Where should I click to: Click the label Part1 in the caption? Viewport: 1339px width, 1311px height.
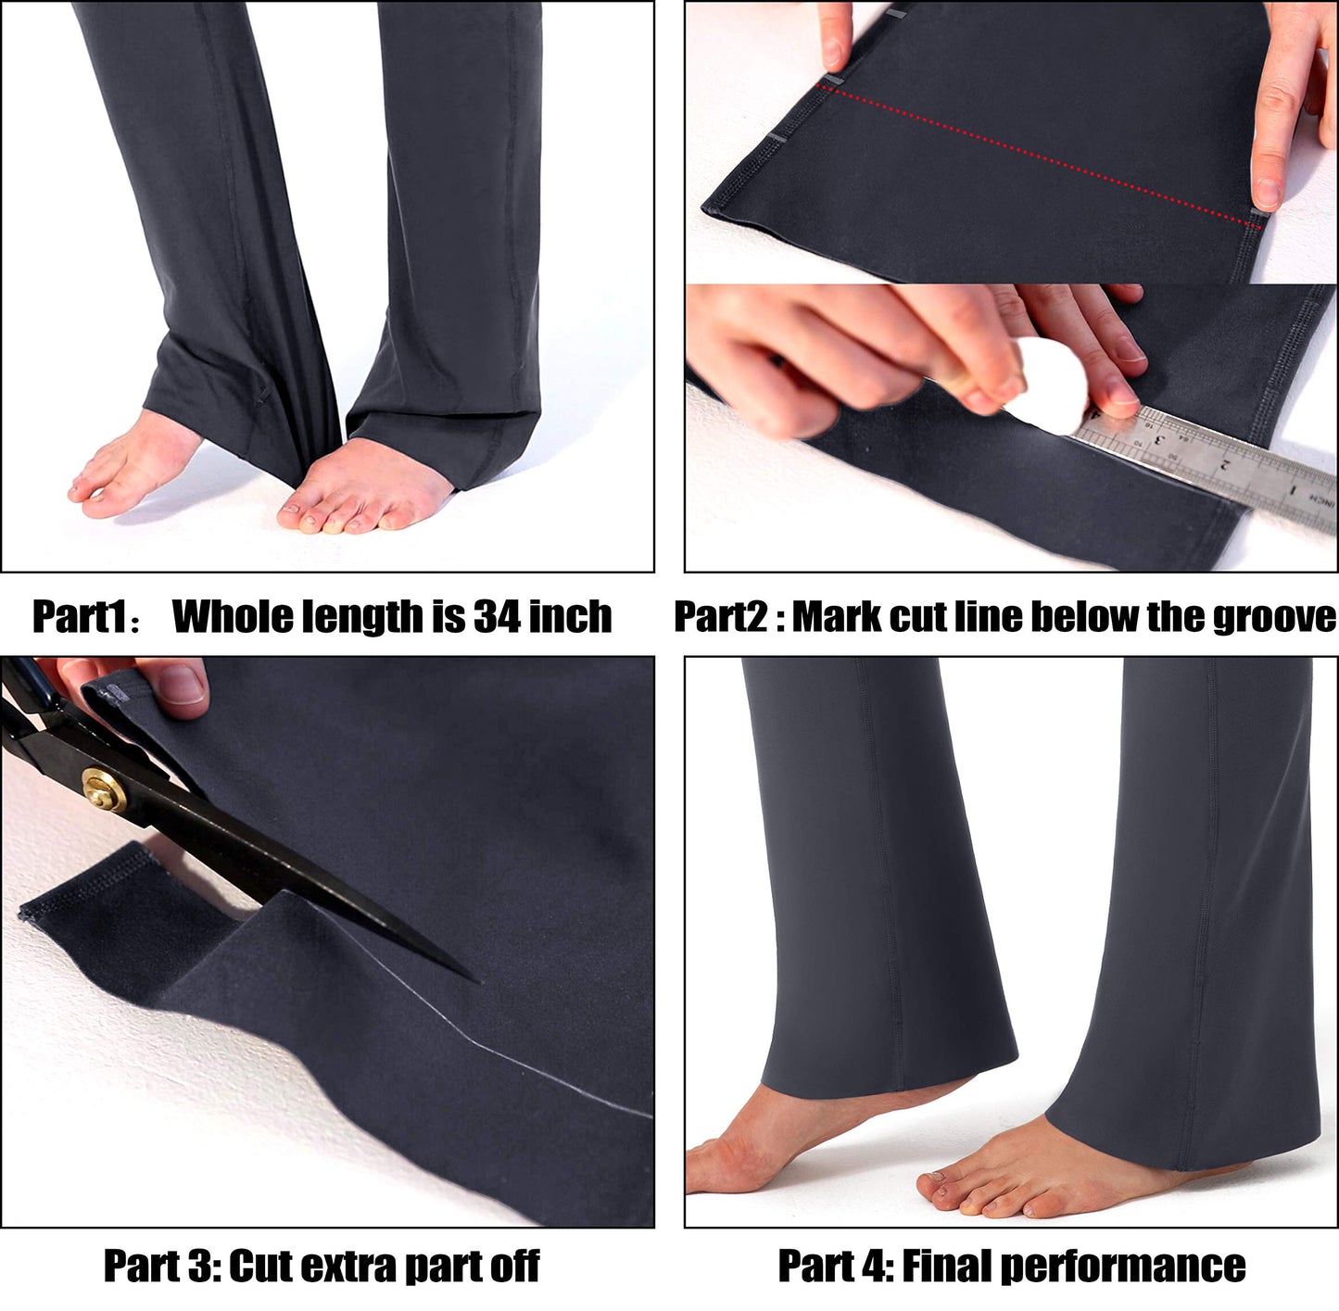[79, 616]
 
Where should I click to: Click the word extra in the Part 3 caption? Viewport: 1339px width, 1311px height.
[352, 1267]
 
